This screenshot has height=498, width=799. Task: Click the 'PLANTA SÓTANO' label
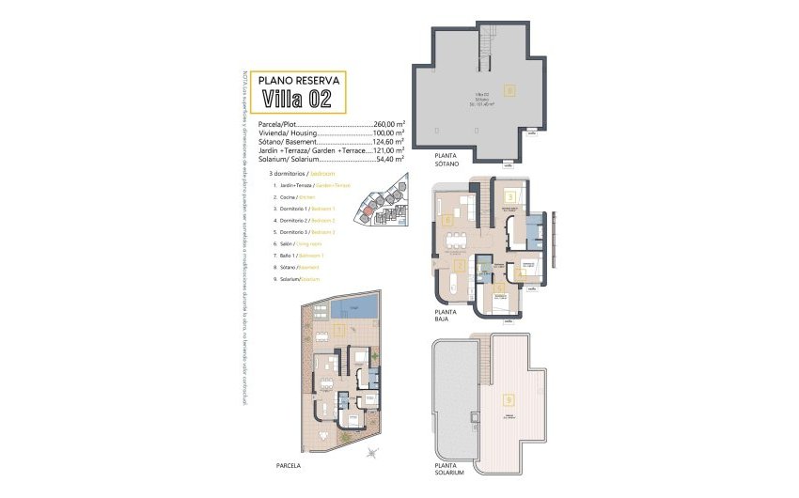pyautogui.click(x=446, y=161)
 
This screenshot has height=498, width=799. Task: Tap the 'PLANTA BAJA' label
pyautogui.click(x=445, y=315)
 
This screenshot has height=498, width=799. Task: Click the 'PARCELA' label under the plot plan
pyautogui.click(x=313, y=461)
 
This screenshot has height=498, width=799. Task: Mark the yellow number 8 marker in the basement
pyautogui.click(x=509, y=91)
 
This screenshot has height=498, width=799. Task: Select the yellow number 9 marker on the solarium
pyautogui.click(x=509, y=398)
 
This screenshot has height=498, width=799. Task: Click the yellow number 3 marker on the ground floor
pyautogui.click(x=509, y=196)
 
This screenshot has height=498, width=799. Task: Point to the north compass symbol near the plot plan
pyautogui.click(x=373, y=455)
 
